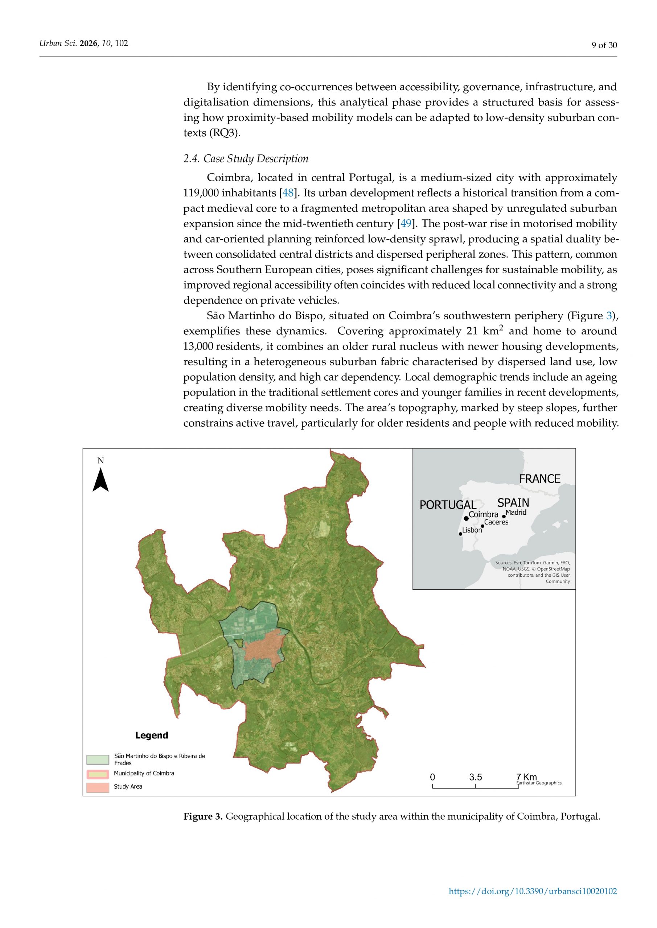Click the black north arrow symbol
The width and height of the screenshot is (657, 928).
point(101,480)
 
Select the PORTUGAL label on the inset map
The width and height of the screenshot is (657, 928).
point(447,505)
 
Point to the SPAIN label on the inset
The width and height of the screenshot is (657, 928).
point(513,503)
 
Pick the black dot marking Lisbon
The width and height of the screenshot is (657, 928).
point(460,534)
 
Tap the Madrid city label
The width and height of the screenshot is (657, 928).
point(516,513)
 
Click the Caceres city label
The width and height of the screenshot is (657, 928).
point(496,522)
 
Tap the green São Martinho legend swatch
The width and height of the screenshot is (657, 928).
point(98,759)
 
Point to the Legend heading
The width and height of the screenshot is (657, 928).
point(151,735)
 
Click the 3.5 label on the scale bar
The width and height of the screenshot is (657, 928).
point(475,777)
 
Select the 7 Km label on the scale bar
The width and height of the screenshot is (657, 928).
point(526,777)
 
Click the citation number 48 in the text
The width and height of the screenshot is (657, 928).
point(288,193)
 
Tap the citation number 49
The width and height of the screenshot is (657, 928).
point(406,224)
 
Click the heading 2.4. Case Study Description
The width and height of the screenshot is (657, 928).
point(246,158)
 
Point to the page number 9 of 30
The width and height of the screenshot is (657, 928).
point(604,45)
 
